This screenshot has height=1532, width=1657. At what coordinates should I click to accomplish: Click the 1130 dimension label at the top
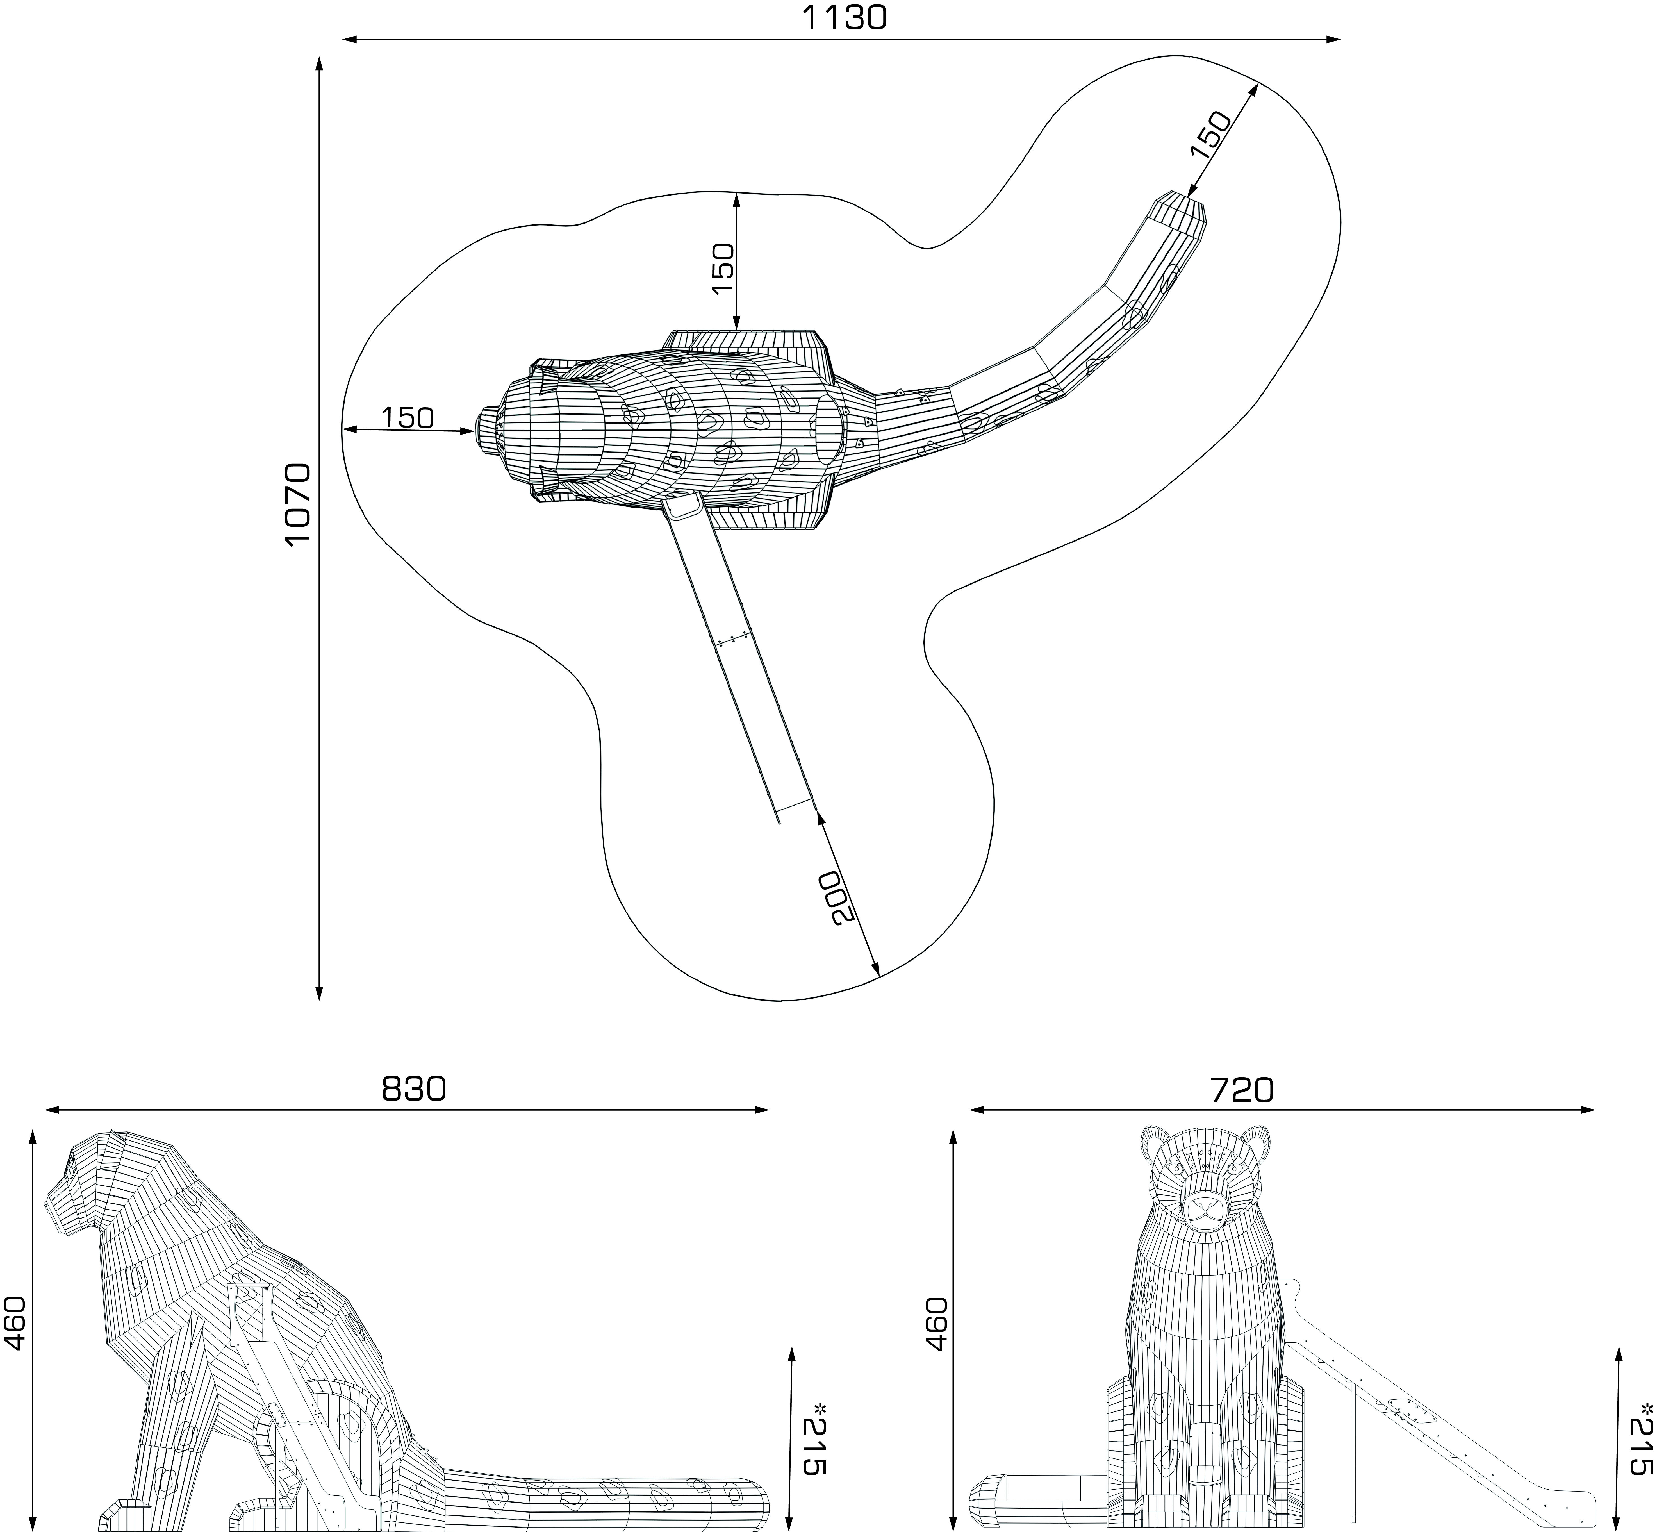(844, 17)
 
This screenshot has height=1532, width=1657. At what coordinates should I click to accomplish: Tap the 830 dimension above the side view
(414, 1088)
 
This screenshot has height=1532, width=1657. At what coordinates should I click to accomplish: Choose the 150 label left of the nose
(408, 417)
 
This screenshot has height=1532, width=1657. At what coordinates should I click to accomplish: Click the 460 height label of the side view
(15, 1324)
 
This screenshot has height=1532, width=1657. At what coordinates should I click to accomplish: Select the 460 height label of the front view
(936, 1324)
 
